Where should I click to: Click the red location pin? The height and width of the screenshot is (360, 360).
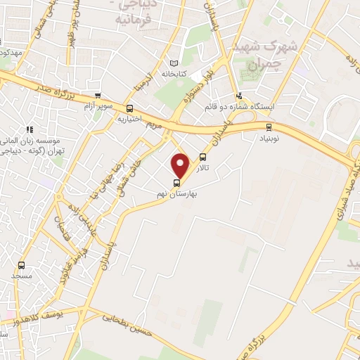(x=180, y=165)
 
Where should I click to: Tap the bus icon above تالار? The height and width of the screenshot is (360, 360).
(x=203, y=157)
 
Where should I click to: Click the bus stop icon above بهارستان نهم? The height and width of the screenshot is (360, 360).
(x=176, y=184)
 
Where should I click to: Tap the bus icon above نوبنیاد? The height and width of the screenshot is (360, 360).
(x=268, y=127)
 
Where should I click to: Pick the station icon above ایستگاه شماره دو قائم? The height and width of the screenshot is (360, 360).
(x=240, y=96)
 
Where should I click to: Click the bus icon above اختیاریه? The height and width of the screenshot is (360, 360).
(x=129, y=108)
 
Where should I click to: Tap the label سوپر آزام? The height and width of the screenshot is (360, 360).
(x=98, y=105)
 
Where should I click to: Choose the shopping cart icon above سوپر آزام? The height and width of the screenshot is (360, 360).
(x=98, y=96)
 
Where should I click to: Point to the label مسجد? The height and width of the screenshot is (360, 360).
(x=21, y=275)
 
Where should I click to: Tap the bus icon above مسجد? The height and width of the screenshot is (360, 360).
(x=21, y=266)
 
